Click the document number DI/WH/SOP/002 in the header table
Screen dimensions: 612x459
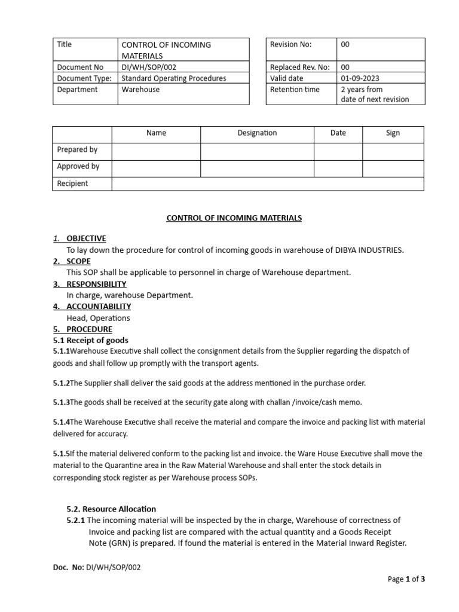click(x=149, y=68)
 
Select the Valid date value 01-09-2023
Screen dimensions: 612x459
click(x=360, y=78)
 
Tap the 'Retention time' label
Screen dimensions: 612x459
click(x=295, y=90)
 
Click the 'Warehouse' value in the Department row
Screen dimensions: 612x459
click(x=140, y=90)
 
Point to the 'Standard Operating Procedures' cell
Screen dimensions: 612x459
click(x=173, y=78)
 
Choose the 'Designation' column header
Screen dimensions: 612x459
click(x=257, y=133)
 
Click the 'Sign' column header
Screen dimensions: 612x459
click(x=393, y=133)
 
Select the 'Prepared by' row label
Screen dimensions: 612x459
click(x=77, y=150)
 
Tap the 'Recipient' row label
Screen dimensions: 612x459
click(x=72, y=183)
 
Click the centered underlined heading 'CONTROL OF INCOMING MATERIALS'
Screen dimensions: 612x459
click(x=234, y=218)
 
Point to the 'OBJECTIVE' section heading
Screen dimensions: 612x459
click(x=86, y=238)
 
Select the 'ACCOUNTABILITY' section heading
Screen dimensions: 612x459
click(x=99, y=307)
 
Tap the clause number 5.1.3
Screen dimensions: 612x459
click(x=61, y=402)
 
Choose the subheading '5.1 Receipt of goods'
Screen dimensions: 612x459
click(x=90, y=341)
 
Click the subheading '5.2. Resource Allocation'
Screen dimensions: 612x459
click(x=111, y=509)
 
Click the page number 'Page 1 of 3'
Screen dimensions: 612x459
click(x=406, y=579)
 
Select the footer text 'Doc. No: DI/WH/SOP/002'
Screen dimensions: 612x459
click(x=97, y=568)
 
